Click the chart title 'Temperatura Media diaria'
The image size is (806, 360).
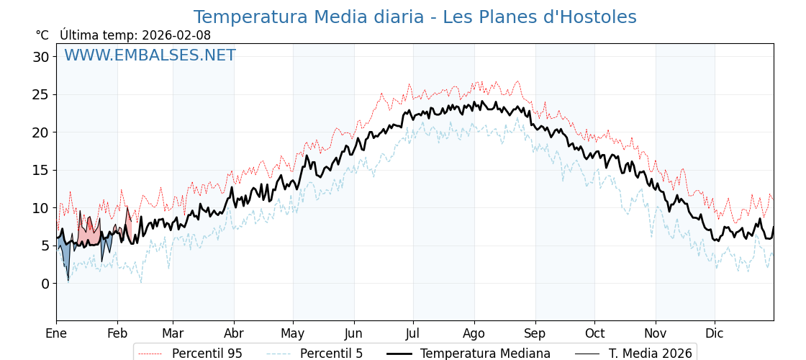415,17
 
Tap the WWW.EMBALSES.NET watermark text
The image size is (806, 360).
150,55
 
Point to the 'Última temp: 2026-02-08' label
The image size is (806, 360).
135,35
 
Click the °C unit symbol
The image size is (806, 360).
42,35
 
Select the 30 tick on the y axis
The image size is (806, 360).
41,57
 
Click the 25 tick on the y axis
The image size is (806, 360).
41,94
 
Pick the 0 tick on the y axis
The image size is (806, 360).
45,284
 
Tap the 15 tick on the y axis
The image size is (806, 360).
41,170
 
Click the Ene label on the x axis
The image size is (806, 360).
56,333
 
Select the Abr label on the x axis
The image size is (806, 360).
234,333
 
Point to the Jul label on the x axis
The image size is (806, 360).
413,333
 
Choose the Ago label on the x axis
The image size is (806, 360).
474,333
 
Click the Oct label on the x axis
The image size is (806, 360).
594,333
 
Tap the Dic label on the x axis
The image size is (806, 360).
715,333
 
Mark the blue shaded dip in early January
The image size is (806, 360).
65,256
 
